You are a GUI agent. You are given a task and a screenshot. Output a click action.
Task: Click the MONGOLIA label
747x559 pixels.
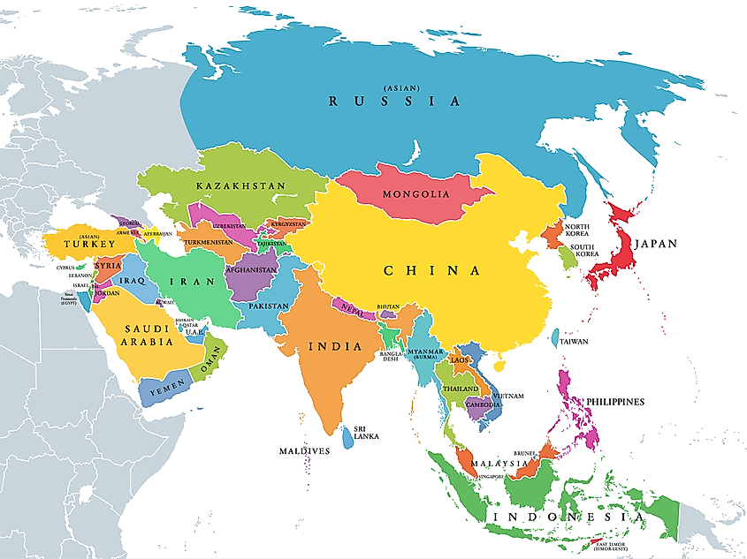415,194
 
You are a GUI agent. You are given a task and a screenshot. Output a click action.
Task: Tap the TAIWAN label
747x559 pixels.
574,341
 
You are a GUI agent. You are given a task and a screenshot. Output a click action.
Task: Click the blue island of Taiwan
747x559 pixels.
554,337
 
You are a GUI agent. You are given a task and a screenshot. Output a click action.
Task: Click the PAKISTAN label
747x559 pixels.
268,306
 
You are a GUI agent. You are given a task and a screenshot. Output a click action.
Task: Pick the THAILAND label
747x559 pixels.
461,389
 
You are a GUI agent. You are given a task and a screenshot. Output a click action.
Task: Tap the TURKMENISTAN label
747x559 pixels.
215,242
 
